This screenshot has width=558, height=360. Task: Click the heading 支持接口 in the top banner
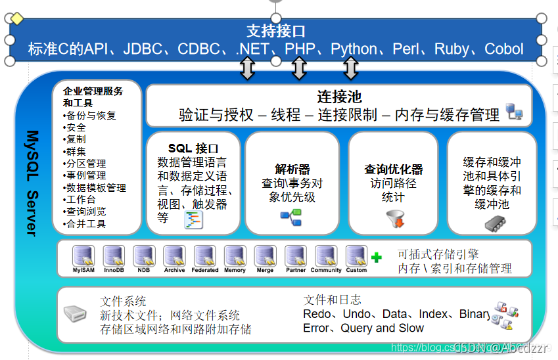pyautogui.click(x=276, y=31)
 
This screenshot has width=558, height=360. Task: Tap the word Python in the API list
pyautogui.click(x=354, y=49)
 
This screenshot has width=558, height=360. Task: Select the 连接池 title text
pyautogui.click(x=339, y=97)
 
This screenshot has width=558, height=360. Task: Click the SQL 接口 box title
pyautogui.click(x=193, y=148)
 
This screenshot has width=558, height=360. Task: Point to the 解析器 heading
pyautogui.click(x=292, y=169)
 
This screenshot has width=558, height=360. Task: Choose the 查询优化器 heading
pyautogui.click(x=394, y=169)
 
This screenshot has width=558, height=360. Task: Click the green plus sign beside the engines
pyautogui.click(x=377, y=258)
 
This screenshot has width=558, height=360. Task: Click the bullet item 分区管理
pyautogui.click(x=86, y=164)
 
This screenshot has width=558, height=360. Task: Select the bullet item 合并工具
pyautogui.click(x=86, y=224)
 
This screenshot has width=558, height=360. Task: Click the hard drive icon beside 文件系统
pyautogui.click(x=76, y=314)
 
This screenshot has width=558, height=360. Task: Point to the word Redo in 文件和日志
pyautogui.click(x=317, y=314)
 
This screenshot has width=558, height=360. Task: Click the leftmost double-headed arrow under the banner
pyautogui.click(x=247, y=68)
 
